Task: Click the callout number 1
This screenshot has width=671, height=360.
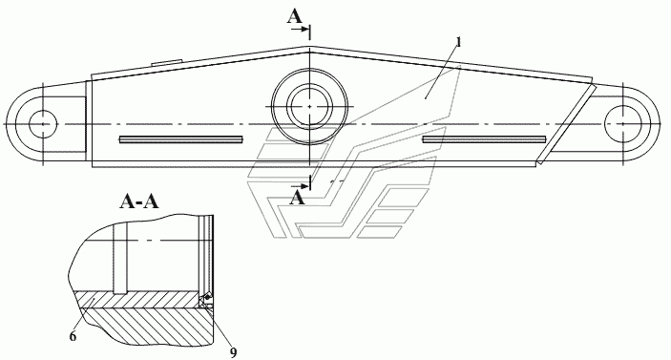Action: [x=458, y=42]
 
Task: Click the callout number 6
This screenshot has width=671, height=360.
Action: [x=73, y=336]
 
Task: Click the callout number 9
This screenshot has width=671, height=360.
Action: [x=233, y=352]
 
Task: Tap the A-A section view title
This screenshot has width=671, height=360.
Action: [x=139, y=201]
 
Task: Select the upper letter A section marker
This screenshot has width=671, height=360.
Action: [x=294, y=17]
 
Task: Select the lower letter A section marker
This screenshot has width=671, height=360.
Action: [x=298, y=198]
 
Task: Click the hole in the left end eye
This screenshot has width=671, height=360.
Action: [x=43, y=124]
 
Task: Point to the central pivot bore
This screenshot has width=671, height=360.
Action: [x=309, y=106]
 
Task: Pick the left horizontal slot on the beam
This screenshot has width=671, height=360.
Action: [x=181, y=139]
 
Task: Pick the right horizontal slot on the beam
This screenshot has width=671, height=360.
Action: [x=484, y=139]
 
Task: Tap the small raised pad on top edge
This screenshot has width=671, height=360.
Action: [x=167, y=63]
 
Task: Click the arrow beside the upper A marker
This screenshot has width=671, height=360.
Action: [x=300, y=29]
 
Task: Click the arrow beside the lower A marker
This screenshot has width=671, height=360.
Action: [x=300, y=186]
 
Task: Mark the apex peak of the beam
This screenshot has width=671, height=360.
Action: [x=310, y=46]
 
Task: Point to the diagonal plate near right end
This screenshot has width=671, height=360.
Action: [x=566, y=124]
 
